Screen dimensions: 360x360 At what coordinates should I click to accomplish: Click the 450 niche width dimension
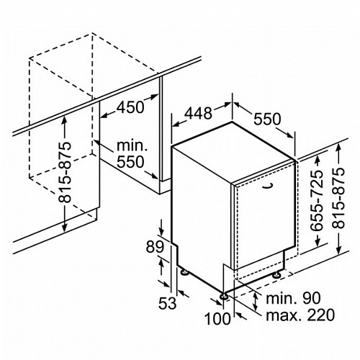pyautogui.click(x=130, y=107)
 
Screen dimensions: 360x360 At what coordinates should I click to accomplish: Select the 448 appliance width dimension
pyautogui.click(x=198, y=113)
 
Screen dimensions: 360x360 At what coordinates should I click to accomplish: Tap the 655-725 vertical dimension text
pyautogui.click(x=317, y=201)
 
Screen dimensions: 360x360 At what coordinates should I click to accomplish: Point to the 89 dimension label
pyautogui.click(x=155, y=247)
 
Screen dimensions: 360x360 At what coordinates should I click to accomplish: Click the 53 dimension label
pyautogui.click(x=167, y=303)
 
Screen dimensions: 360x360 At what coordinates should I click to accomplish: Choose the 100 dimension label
pyautogui.click(x=217, y=319)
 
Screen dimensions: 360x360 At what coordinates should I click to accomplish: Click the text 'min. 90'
pyautogui.click(x=293, y=298)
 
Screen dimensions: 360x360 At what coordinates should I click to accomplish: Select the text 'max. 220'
pyautogui.click(x=300, y=315)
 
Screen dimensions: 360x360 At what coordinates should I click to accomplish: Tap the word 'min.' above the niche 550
pyautogui.click(x=132, y=145)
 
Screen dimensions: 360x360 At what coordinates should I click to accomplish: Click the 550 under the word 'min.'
pyautogui.click(x=130, y=162)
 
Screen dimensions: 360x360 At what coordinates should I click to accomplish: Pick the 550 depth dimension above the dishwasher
pyautogui.click(x=267, y=119)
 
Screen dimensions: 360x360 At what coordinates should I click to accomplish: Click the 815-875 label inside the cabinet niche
pyautogui.click(x=65, y=172)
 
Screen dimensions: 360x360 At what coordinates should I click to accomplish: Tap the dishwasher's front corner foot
pyautogui.click(x=224, y=297)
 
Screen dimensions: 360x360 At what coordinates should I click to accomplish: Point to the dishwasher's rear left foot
pyautogui.click(x=185, y=272)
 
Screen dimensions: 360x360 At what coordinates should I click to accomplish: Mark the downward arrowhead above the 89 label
pyautogui.click(x=161, y=232)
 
